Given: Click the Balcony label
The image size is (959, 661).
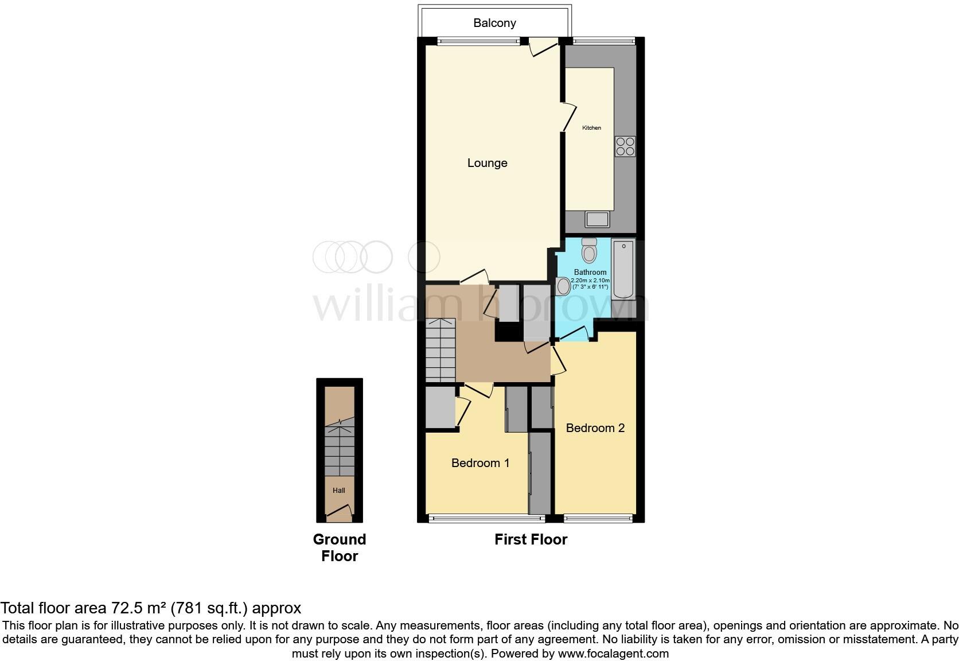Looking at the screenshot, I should [x=494, y=23].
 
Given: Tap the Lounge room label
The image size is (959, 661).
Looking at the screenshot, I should [x=487, y=163].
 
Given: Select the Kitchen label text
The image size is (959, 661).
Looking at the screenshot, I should [x=591, y=128].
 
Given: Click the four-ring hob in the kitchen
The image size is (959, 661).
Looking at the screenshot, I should [x=625, y=146].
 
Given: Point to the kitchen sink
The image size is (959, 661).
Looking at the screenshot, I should [x=597, y=219].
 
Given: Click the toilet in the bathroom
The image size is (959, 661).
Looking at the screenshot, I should [x=589, y=250].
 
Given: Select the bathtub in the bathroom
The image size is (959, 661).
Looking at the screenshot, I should [x=623, y=269].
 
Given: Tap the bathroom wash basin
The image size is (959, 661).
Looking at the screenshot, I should [x=563, y=286].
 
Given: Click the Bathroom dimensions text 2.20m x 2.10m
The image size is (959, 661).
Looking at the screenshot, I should [x=590, y=280].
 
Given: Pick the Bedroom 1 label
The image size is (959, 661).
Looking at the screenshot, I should [x=480, y=463].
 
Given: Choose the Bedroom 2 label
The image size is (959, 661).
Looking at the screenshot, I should [x=595, y=428].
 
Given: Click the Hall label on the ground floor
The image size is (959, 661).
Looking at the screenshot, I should [x=339, y=491].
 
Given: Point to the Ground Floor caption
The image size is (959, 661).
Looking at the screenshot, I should [x=340, y=547].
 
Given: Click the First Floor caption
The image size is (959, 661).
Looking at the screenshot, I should [x=531, y=539].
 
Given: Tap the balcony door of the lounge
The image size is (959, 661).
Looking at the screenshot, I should [x=543, y=46].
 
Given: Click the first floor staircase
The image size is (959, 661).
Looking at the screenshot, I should [x=440, y=350].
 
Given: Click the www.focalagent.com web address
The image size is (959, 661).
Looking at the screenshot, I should [x=613, y=653].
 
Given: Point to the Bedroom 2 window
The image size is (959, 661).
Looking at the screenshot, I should [x=599, y=519].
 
